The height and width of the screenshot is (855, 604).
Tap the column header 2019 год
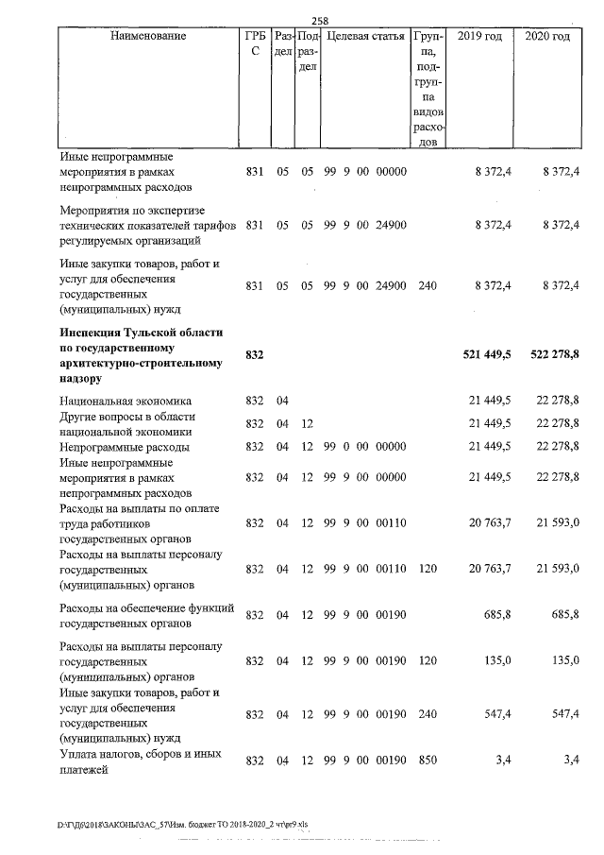coord(479,36)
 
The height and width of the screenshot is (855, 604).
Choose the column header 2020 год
coord(547,36)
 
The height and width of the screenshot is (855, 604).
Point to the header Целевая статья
coord(364,36)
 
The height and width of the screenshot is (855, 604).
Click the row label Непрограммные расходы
coord(125,446)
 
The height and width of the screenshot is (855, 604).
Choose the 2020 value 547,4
coord(565,715)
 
